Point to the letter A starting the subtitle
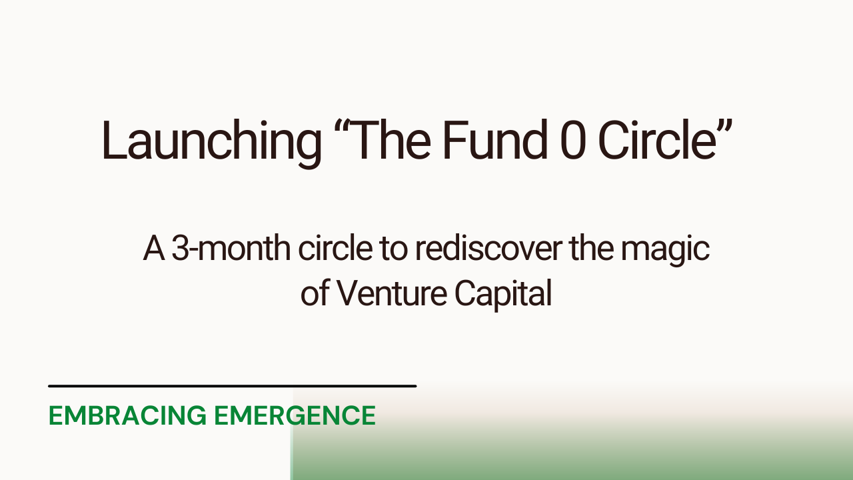(x=154, y=249)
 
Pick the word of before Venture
(x=315, y=294)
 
